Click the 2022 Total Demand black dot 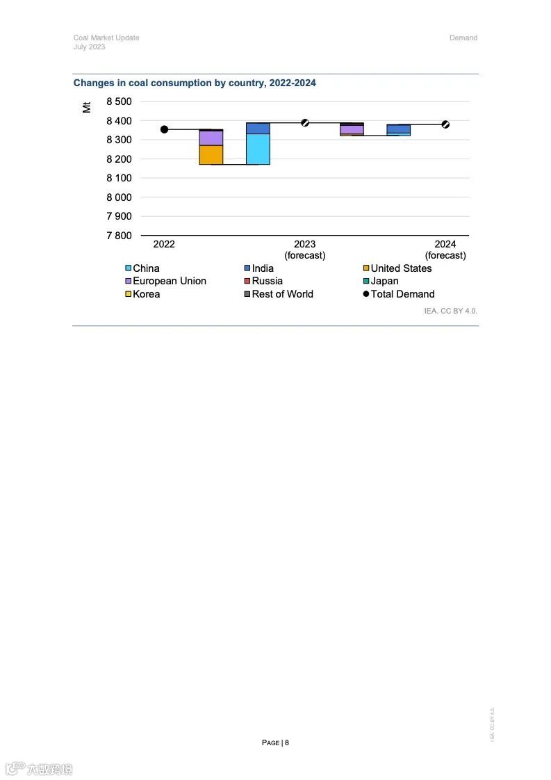coord(164,129)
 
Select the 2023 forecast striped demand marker coord(305,123)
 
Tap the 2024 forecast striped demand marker coord(445,124)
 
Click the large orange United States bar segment coord(211,154)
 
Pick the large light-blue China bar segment coord(258,149)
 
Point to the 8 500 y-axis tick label coord(119,101)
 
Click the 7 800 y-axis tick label coord(119,236)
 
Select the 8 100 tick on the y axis coord(119,178)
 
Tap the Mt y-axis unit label coord(87,107)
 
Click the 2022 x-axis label coord(164,244)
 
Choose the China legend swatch coord(129,268)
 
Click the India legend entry coord(263,268)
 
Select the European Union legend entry coord(169,281)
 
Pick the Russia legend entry coord(267,281)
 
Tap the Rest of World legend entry coord(282,294)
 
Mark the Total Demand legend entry coord(402,294)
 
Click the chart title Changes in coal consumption coord(195,83)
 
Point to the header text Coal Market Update coord(106,38)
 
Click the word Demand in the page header coord(463,38)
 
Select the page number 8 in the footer coord(286,742)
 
